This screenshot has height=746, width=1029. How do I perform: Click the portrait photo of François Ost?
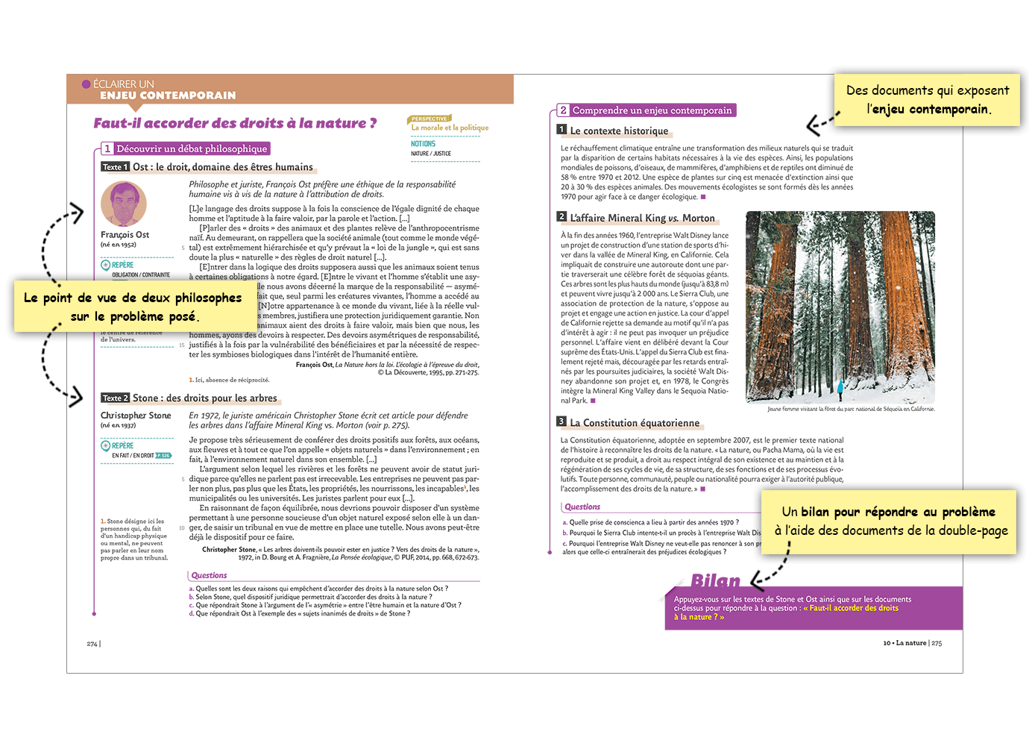[x=124, y=204]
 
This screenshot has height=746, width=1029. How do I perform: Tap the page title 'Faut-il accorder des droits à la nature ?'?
[x=235, y=123]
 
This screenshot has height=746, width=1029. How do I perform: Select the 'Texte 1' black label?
[x=116, y=167]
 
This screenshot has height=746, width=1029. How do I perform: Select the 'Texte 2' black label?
[x=116, y=398]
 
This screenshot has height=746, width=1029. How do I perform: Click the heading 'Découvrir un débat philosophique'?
[x=191, y=148]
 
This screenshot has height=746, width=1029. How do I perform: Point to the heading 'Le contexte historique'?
[x=619, y=131]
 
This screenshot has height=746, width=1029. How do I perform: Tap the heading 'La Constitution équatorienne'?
[x=635, y=423]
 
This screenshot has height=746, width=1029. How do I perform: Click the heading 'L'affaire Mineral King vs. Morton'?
[x=642, y=218]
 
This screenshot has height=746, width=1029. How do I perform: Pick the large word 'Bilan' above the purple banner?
[x=715, y=580]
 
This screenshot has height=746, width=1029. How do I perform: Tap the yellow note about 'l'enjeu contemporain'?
[x=927, y=100]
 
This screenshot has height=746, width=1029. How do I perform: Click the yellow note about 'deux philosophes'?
[x=133, y=307]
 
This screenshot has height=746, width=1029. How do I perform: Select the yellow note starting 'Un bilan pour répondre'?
[x=888, y=521]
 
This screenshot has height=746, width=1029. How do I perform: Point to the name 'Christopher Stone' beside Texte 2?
[x=136, y=416]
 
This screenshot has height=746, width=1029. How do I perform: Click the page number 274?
[x=92, y=643]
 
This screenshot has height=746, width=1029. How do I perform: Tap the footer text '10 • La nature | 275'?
[x=912, y=643]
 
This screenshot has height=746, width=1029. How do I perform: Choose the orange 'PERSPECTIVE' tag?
[x=429, y=119]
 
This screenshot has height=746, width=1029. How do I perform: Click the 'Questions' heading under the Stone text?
[x=209, y=575]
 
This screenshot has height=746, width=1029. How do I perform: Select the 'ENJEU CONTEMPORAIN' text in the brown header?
[x=168, y=95]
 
